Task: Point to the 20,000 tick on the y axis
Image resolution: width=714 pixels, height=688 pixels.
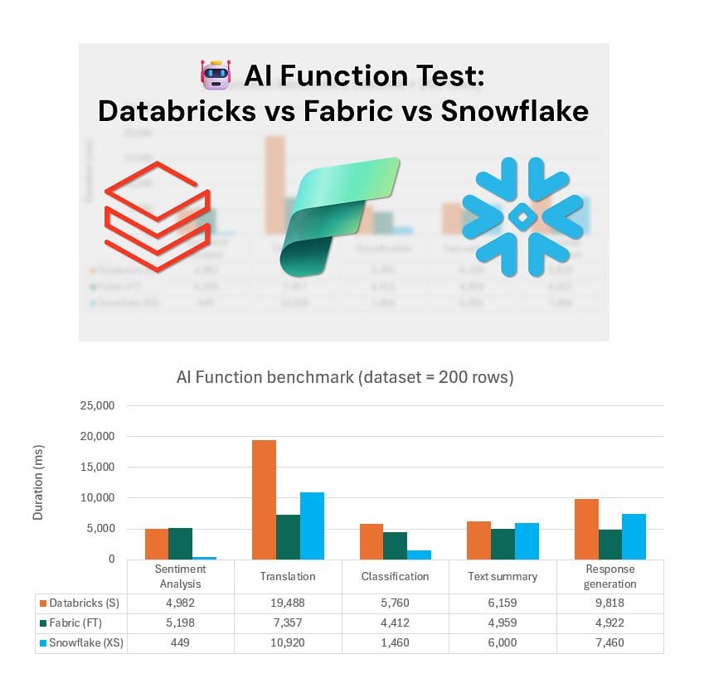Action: click(x=97, y=437)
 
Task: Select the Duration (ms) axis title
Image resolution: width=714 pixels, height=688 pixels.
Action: click(x=38, y=482)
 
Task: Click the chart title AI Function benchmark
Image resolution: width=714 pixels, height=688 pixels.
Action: click(x=345, y=377)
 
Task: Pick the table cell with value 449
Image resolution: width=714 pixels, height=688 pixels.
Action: click(x=180, y=642)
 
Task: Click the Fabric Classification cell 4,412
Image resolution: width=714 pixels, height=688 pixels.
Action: click(x=395, y=623)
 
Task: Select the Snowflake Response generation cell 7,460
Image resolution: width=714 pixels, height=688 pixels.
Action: click(x=610, y=642)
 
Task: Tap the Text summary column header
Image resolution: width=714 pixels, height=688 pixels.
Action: click(x=502, y=576)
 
